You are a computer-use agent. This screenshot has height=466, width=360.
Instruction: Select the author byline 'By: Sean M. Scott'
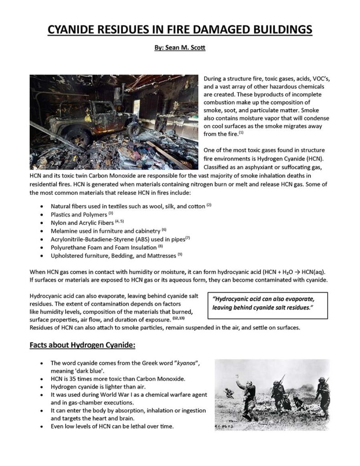[x=180, y=47]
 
